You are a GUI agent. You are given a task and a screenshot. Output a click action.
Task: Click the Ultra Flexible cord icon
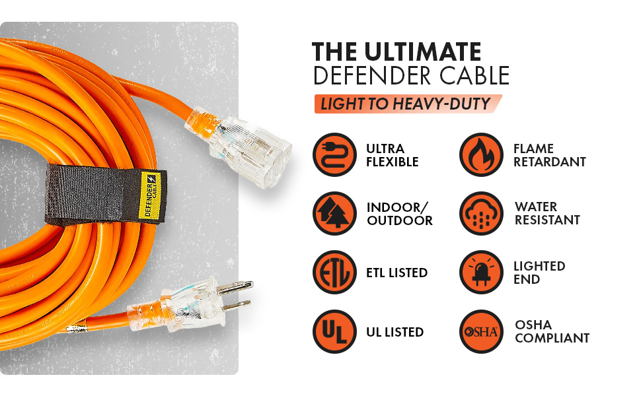pos(335,154)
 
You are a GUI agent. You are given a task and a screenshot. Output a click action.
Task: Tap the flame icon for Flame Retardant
pos(482,154)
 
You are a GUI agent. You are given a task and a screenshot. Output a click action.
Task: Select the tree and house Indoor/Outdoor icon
pos(335,213)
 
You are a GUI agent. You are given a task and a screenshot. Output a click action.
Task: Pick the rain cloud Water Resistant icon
pos(482,213)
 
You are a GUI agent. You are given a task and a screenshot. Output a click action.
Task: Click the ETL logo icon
pos(335,273)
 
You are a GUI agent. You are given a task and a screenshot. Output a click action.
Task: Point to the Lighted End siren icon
pos(482,273)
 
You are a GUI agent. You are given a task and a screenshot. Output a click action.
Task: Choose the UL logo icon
pos(335,331)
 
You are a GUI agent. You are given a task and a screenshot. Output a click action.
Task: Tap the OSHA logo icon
pos(482,331)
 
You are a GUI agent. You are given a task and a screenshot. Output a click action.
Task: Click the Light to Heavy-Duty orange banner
pos(405,104)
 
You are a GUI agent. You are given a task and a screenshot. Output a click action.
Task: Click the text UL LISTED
pos(395,331)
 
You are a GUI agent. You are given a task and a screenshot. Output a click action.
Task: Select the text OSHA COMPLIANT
pos(552,331)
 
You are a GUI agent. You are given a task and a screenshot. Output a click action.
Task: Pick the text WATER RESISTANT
pos(547,213)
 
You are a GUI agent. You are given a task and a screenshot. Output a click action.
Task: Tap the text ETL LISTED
pos(396,273)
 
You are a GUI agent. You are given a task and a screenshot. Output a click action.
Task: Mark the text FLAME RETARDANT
pos(549,154)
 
